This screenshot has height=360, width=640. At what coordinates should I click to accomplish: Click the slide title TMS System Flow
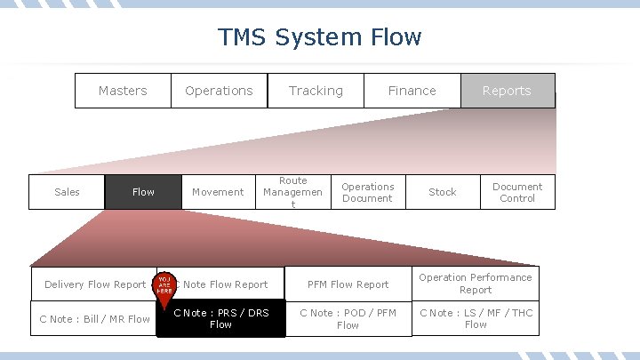[x=320, y=37]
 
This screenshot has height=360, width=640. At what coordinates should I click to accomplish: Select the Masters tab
[x=123, y=91]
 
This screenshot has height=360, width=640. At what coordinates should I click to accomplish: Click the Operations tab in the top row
[x=219, y=91]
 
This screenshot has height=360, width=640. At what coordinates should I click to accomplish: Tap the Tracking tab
[x=316, y=91]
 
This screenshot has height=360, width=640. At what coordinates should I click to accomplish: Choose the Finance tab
[x=412, y=91]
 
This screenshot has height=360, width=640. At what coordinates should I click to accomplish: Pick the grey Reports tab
[x=507, y=91]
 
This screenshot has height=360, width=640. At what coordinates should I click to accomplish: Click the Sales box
[x=67, y=192]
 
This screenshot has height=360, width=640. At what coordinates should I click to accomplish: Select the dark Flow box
[x=143, y=192]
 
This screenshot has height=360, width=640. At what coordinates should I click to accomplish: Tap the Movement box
[x=218, y=192]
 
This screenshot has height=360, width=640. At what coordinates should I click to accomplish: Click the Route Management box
[x=293, y=192]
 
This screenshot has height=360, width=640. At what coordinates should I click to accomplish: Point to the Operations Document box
[x=367, y=192]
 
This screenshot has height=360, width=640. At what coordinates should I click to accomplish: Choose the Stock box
[x=442, y=192]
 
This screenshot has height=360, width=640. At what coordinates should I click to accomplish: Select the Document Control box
[x=517, y=192]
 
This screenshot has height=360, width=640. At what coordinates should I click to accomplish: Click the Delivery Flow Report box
[x=94, y=284]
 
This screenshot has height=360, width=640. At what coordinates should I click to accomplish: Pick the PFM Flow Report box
[x=348, y=284]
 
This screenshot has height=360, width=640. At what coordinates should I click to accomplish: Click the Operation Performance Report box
[x=476, y=284]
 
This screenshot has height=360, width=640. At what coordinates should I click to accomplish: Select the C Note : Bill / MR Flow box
[x=94, y=319]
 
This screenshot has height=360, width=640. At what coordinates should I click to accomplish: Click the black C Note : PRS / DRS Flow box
[x=220, y=319]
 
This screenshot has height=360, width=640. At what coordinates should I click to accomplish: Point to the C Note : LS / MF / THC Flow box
[x=476, y=319]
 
